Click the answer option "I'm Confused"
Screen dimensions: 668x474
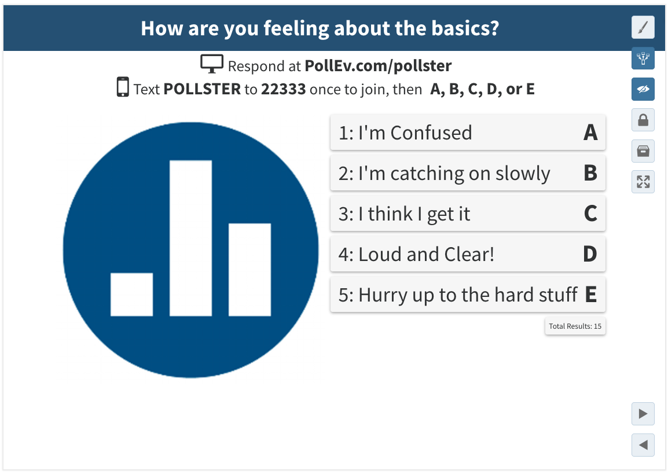468,132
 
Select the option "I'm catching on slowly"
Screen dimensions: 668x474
468,173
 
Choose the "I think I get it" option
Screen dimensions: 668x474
468,214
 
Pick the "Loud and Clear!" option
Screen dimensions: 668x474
468,254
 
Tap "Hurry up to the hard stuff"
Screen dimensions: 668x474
468,294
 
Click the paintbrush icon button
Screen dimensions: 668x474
643,27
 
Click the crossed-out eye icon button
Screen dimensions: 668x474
643,89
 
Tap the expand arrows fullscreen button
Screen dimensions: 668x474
643,182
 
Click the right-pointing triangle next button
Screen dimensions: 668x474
643,414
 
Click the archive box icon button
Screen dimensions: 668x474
643,150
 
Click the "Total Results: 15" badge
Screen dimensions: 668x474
575,326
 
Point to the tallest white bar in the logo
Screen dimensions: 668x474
190,238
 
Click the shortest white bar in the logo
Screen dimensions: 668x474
131,294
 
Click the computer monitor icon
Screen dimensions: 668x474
212,64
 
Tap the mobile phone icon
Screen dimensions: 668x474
123,87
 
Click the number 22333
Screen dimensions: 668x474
283,89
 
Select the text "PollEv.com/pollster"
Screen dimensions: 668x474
379,65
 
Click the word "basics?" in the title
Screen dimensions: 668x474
465,28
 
